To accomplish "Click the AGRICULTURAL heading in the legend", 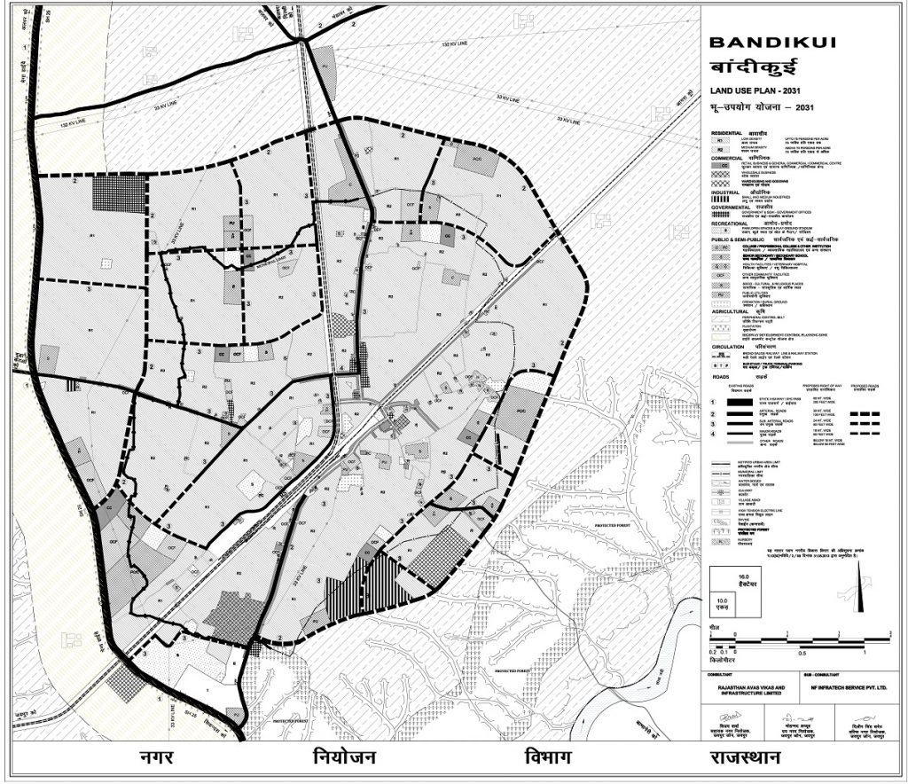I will [730, 312].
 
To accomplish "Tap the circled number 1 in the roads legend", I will [713, 402].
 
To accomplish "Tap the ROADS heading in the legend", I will [720, 376].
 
